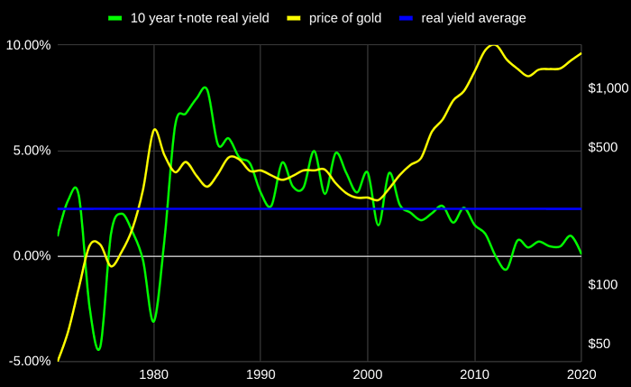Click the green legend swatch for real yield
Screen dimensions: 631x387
click(115, 18)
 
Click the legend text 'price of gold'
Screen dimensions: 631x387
click(345, 18)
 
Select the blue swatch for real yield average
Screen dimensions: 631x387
click(406, 18)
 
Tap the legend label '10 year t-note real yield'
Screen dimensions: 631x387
click(199, 18)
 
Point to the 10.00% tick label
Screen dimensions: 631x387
click(28, 45)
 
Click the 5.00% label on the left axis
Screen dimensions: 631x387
click(32, 151)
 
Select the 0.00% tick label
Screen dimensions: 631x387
click(32, 255)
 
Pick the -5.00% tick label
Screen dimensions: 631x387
click(30, 361)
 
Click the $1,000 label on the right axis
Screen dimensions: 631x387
click(608, 88)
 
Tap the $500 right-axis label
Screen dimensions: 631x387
click(602, 147)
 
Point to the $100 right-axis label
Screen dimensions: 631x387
click(602, 285)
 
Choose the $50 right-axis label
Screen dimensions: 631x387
click(599, 344)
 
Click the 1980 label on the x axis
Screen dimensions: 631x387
click(153, 375)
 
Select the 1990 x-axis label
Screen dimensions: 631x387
click(261, 375)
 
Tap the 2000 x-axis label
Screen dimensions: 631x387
click(368, 375)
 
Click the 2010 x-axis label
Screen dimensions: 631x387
click(475, 375)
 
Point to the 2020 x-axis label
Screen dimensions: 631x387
click(581, 375)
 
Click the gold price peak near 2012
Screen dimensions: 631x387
click(493, 45)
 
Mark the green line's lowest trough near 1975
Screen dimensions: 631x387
click(98, 349)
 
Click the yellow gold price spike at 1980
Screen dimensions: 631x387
click(155, 129)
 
